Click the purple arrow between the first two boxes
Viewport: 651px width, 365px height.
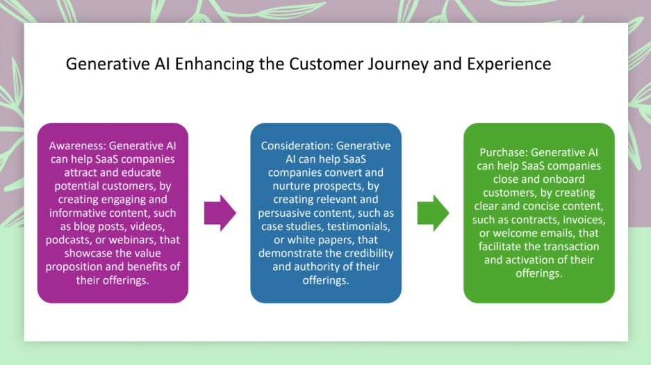220,213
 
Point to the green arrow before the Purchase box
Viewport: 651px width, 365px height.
433,213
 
